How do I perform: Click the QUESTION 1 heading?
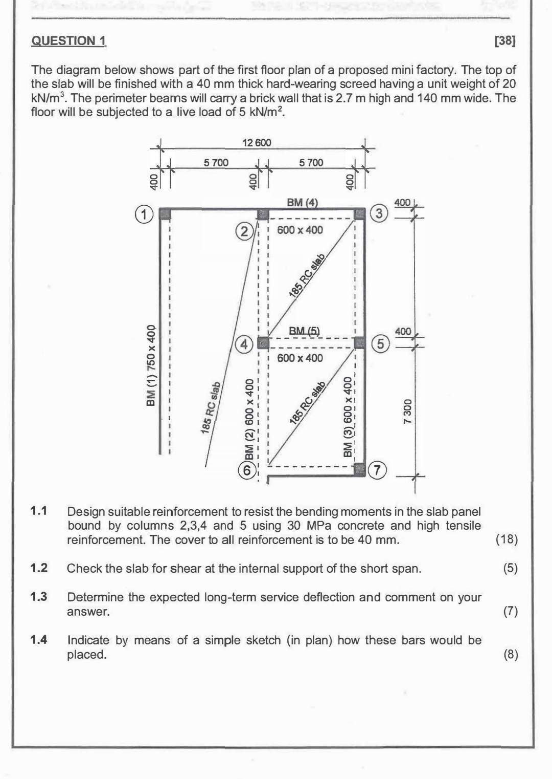click(x=70, y=41)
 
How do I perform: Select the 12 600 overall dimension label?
click(x=257, y=143)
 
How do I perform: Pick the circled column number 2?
click(x=244, y=232)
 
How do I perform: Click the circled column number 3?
click(x=379, y=214)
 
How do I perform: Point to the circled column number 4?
click(x=244, y=345)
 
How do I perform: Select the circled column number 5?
click(x=380, y=344)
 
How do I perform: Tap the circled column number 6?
click(x=247, y=470)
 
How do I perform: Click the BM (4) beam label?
click(x=302, y=203)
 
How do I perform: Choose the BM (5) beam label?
click(x=304, y=331)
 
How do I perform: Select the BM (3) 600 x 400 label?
click(x=348, y=417)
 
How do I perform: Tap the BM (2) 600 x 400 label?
click(x=249, y=419)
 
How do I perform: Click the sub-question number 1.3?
click(x=39, y=597)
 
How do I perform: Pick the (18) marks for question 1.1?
click(x=507, y=539)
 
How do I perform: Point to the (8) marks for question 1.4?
click(x=511, y=655)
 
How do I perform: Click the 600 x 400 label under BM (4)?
click(x=300, y=230)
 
